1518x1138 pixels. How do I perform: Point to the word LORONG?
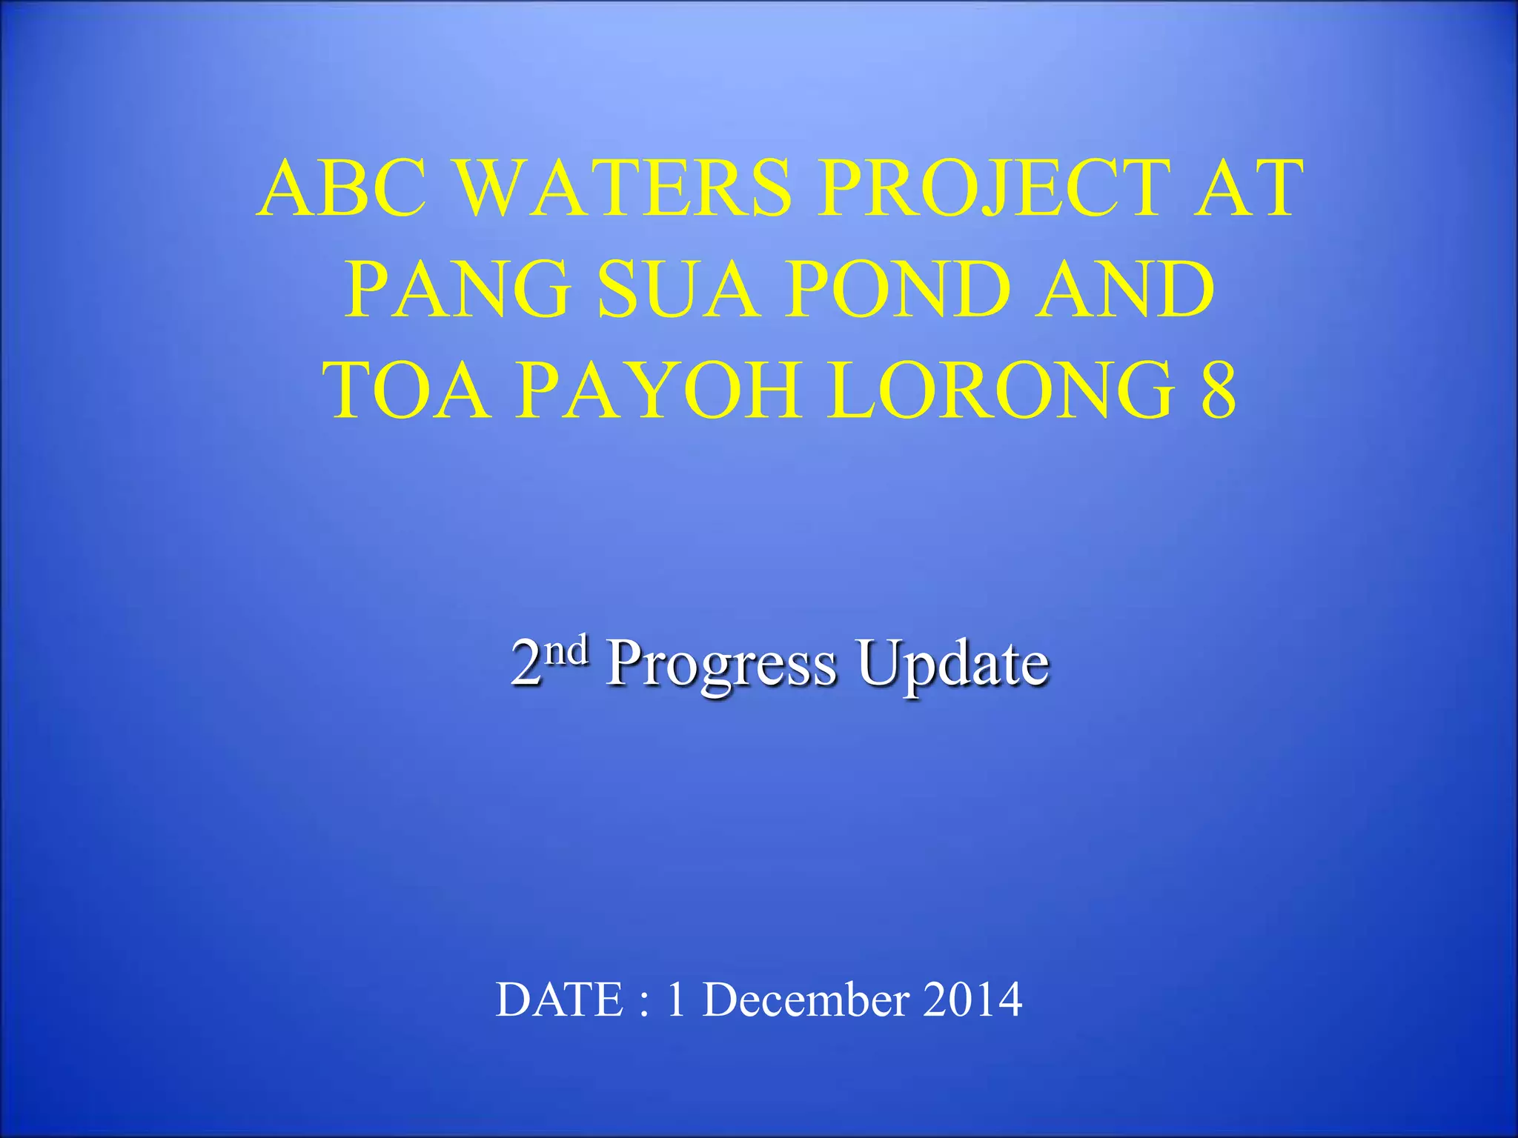1001,390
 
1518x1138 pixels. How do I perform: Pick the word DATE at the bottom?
560,999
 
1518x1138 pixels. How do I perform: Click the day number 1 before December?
675,999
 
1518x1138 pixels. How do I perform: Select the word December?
806,999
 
